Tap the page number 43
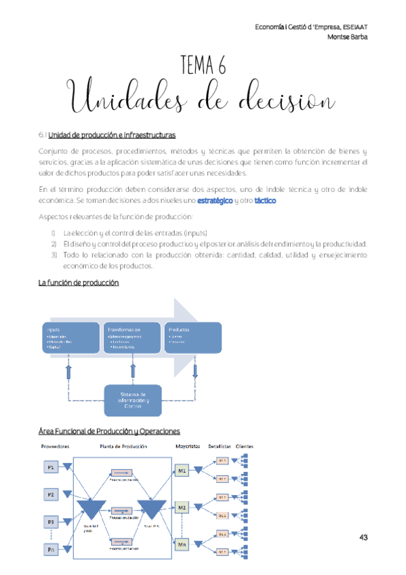(x=363, y=537)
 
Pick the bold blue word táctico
(x=265, y=201)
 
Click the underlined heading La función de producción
(x=78, y=283)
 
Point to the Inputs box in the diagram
(x=70, y=337)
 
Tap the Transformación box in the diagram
(x=132, y=337)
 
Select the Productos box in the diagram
(x=192, y=337)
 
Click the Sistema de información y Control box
(x=138, y=400)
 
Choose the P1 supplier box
(x=52, y=468)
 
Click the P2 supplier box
(x=52, y=495)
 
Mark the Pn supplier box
(x=52, y=549)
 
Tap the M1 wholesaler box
(x=182, y=470)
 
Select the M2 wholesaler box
(x=182, y=507)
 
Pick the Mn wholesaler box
(x=182, y=543)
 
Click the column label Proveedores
(x=56, y=446)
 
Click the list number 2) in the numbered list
(x=54, y=243)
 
